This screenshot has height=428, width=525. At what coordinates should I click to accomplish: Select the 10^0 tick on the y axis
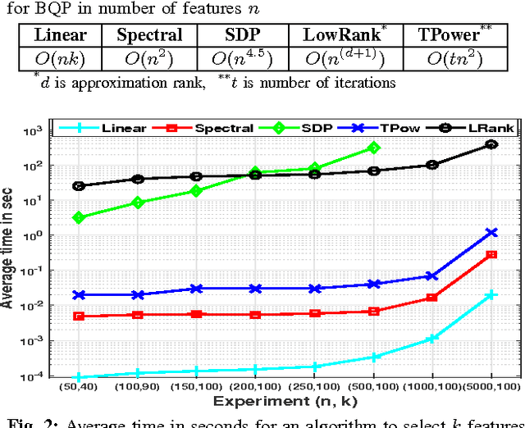tap(54, 236)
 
